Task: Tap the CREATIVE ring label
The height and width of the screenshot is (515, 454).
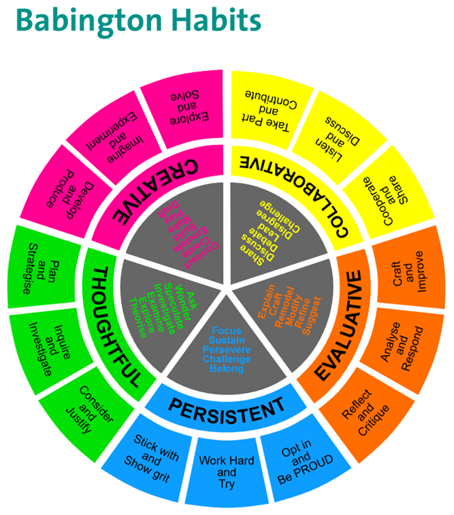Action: [x=152, y=185]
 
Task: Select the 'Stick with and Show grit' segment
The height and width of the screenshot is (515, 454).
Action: [x=150, y=452]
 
